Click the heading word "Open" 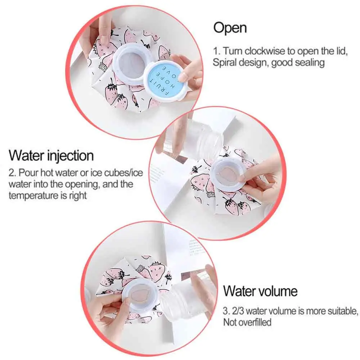coord(230,28)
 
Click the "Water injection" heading coord(51,156)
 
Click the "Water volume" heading coord(260,291)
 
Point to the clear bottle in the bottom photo coord(189,296)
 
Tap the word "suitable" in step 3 coord(343,311)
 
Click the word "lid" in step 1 coord(342,51)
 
